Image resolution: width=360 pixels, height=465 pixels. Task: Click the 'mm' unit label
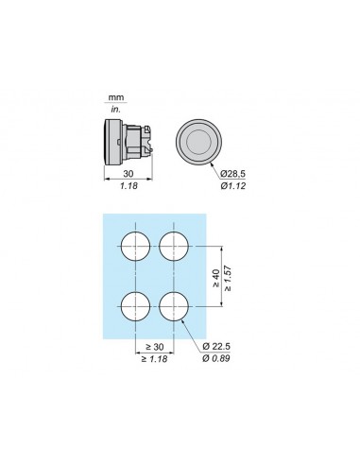click(116, 97)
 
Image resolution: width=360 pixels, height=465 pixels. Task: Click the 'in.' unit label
click(116, 110)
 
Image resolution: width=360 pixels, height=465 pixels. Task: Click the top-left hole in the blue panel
click(136, 248)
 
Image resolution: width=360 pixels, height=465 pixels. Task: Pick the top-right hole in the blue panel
click(175, 248)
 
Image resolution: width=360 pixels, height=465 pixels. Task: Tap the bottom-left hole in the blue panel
click(136, 305)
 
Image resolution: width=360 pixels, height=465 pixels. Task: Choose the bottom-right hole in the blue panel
click(175, 305)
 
